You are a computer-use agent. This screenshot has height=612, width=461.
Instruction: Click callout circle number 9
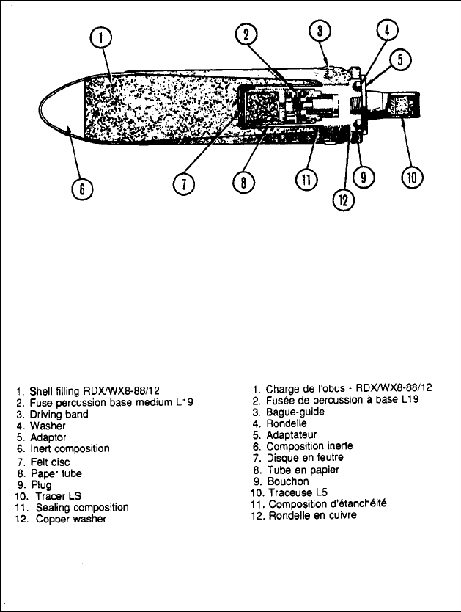point(362,177)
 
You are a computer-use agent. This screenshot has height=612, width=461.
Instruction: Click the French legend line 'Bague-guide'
point(294,412)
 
